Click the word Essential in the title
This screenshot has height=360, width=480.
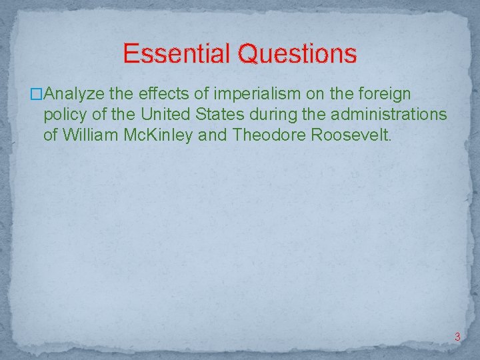point(177,53)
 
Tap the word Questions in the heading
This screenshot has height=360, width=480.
point(297,54)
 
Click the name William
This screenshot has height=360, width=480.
point(89,135)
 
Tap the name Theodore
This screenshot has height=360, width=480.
point(269,135)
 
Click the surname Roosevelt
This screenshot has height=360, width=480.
point(353,135)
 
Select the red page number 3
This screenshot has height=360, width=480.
point(457,337)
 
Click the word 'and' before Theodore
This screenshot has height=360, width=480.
point(214,135)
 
